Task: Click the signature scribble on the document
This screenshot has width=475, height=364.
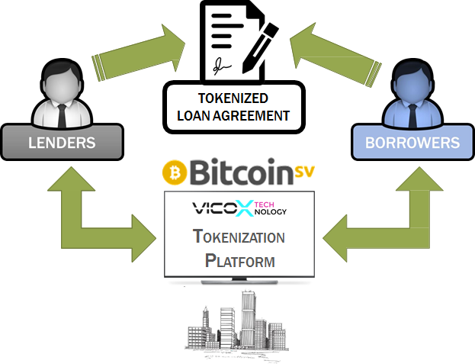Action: [x=222, y=67]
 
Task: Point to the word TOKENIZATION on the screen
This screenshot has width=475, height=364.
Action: [x=239, y=237]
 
